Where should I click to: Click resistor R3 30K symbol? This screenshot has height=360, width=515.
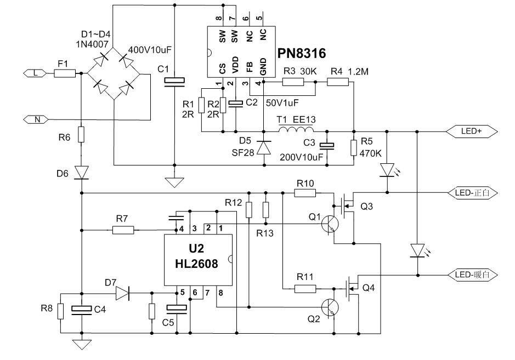coord(293,82)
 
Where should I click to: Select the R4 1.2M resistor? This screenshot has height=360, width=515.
coord(338,82)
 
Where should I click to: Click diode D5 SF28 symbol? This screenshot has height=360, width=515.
coord(264,147)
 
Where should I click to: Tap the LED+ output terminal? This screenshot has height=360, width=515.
coord(472,132)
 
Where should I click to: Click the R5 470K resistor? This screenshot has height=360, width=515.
coord(353,148)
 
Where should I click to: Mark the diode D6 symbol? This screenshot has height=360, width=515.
coord(81,173)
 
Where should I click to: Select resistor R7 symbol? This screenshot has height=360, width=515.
coord(123,231)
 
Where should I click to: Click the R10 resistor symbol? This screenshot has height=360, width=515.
coord(304,193)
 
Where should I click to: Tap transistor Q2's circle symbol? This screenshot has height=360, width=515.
coord(331,307)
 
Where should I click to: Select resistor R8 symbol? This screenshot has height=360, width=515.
coord(61,311)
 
